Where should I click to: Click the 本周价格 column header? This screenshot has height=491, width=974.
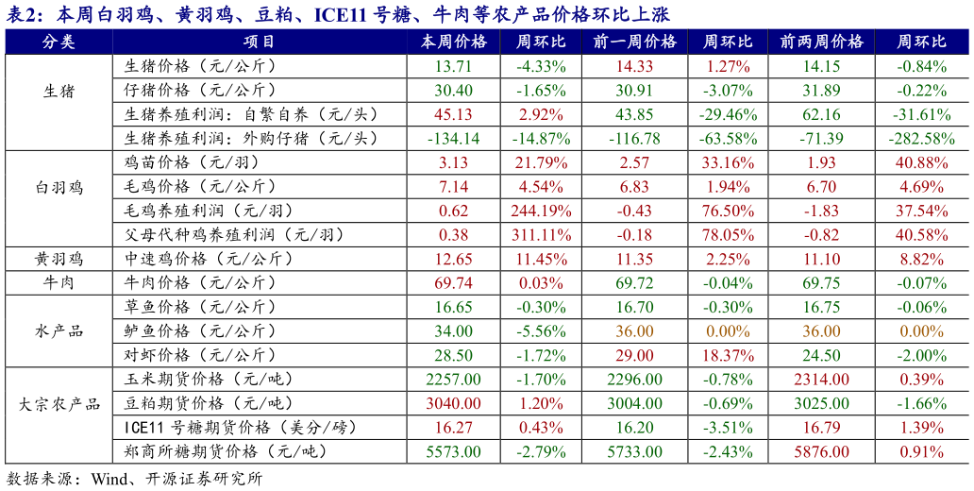[x=453, y=42]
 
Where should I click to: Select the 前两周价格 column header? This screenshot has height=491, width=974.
[x=821, y=42]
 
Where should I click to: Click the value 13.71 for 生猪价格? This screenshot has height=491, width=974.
[x=453, y=66]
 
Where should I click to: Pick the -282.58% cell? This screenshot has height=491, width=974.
[x=921, y=139]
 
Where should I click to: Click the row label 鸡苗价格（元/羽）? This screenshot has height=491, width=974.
[x=193, y=162]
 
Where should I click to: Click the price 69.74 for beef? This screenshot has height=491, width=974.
[x=453, y=283]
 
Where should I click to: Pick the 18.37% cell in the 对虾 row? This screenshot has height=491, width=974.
[x=728, y=356]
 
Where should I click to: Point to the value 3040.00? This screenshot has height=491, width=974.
[x=453, y=404]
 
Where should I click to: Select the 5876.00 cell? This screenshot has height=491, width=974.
[x=821, y=452]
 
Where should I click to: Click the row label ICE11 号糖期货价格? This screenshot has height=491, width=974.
[x=240, y=428]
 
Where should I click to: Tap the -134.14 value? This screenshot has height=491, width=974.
[x=453, y=139]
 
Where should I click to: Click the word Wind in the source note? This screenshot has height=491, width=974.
[x=109, y=479]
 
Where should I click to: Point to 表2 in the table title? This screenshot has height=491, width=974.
[x=22, y=13]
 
